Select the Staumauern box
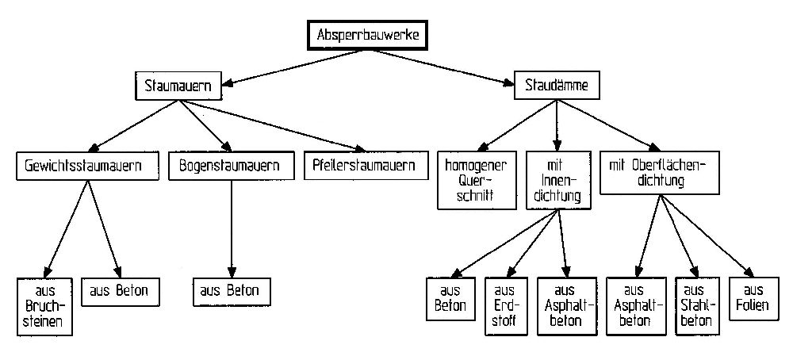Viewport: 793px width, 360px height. [178, 86]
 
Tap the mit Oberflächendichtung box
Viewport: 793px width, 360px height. [658, 173]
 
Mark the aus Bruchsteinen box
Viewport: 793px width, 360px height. [44, 305]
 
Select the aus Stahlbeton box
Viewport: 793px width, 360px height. [692, 305]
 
